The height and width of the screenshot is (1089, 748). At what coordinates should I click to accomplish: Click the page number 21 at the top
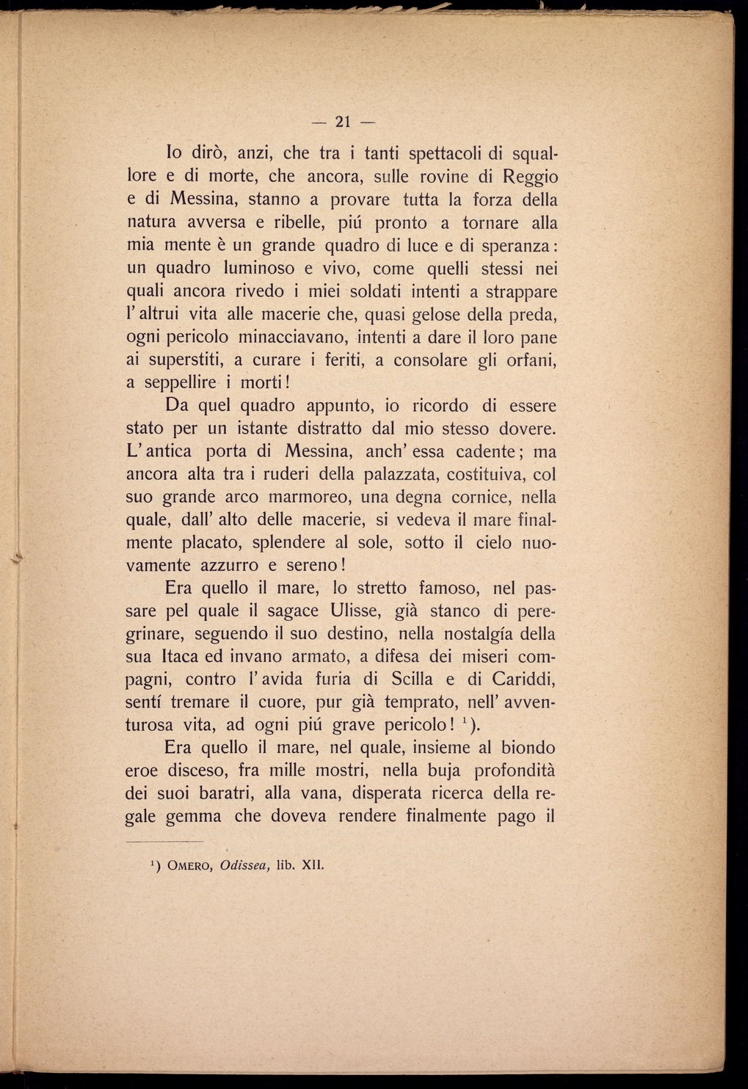pyautogui.click(x=344, y=121)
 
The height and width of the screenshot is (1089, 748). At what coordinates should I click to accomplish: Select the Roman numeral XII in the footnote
pyautogui.click(x=313, y=864)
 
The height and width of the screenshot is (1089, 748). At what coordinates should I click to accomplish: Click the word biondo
pyautogui.click(x=528, y=749)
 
